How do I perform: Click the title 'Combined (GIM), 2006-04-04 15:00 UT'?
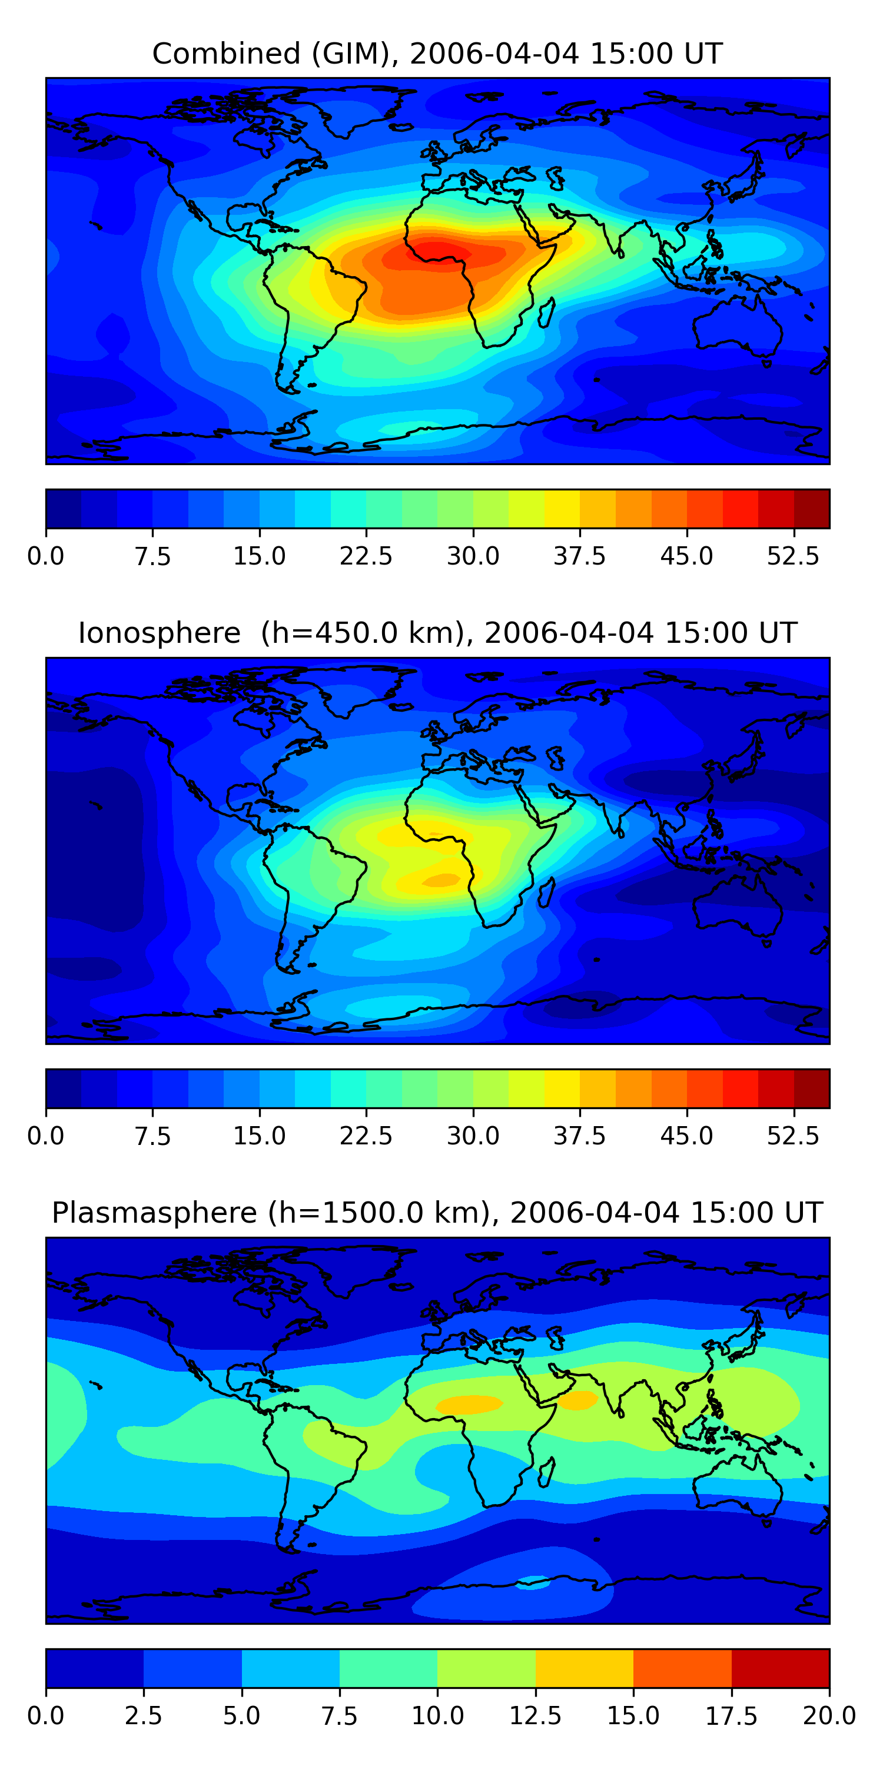click(x=437, y=54)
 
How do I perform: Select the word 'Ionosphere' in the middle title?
click(x=159, y=633)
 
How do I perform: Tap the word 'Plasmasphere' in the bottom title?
click(x=154, y=1213)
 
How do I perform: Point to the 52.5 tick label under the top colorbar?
click(x=793, y=556)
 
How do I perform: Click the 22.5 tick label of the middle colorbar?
click(x=366, y=1136)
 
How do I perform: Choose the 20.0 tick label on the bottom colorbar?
click(x=829, y=1715)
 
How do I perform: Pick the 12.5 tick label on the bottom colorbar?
click(x=536, y=1715)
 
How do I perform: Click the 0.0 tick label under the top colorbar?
click(x=46, y=556)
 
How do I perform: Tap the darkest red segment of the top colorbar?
click(x=812, y=509)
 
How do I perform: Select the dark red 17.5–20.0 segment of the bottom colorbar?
click(x=780, y=1668)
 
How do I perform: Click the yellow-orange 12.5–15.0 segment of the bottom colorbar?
click(x=584, y=1668)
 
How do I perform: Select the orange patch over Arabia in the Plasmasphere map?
click(x=577, y=1400)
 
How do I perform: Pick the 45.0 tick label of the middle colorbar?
click(x=687, y=1136)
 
